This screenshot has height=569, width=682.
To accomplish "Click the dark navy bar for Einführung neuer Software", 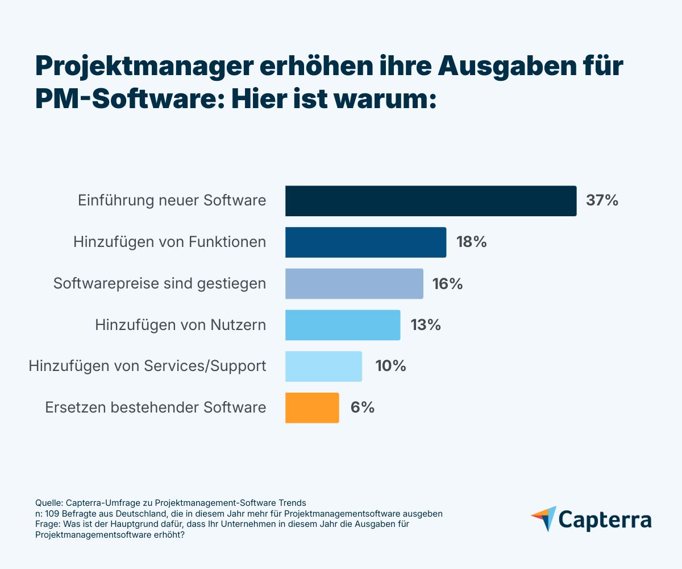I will coord(430,201).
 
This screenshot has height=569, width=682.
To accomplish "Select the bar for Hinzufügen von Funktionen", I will coord(365,242).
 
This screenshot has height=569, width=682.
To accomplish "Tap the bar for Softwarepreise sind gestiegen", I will coord(354,283).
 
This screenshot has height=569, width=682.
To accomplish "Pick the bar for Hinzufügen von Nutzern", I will coord(342,325).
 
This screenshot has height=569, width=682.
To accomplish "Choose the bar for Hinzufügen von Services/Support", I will coord(323,366).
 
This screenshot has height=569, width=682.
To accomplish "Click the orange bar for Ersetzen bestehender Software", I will coord(312,407).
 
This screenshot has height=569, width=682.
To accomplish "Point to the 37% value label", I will coord(602,201).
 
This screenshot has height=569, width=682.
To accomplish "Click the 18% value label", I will coord(471,242).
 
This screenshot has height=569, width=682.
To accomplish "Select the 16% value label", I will coord(448,283).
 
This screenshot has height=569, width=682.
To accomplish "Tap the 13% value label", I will coord(425,325).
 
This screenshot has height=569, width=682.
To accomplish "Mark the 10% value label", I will coord(390,366).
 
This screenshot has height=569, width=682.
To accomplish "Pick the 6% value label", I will coord(362,407).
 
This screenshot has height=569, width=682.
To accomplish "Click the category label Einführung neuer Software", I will coord(172,201).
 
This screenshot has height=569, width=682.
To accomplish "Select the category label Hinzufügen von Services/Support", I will coord(147,366).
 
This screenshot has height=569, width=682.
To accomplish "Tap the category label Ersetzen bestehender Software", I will coord(155,407).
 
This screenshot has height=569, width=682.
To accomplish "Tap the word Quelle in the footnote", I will coord(48,503).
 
